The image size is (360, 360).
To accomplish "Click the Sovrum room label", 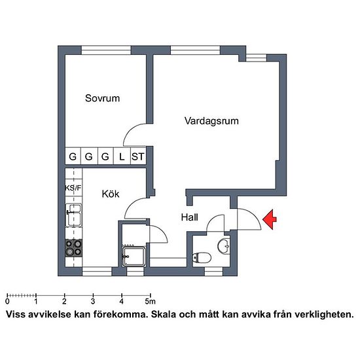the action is pos(102,98).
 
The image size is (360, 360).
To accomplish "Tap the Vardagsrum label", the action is pos(211,121).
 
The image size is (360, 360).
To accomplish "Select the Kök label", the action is pos(111,194).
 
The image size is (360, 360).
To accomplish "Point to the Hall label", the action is pos(189,217).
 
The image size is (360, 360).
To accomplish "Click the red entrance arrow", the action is pos(270,219).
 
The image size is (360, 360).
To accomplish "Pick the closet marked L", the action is pos(122,156).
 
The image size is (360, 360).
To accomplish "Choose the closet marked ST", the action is pos(137,156).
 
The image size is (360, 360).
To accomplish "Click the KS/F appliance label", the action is pos(73,188).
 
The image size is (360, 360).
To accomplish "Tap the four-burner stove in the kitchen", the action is pos(74,248).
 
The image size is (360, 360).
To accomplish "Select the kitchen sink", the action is pos(74,215).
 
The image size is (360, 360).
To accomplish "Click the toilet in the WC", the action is pos(202,258).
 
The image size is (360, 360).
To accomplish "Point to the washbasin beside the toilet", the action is pos(224,246).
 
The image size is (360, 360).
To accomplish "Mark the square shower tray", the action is pos(134,257).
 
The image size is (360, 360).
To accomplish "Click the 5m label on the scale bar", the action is pos(150,301).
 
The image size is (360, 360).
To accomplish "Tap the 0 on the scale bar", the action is pos(8,301).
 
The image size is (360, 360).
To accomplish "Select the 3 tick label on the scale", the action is pos(93,301).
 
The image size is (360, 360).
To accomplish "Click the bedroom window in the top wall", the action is pos(106,50).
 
